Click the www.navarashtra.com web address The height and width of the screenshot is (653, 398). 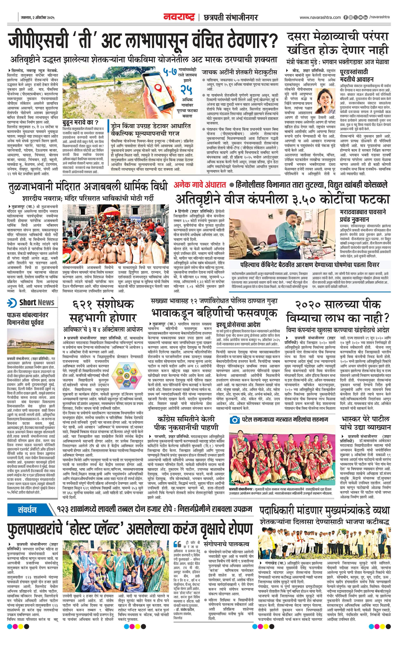(x=320, y=17)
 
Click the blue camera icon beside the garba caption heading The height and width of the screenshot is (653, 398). (x=235, y=420)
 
